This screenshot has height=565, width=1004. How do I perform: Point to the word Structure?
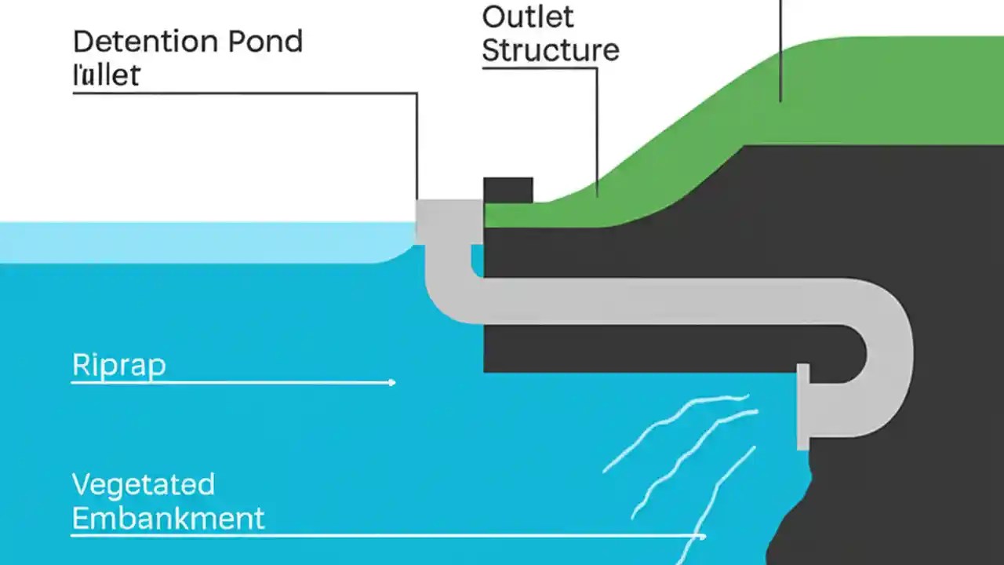(550, 49)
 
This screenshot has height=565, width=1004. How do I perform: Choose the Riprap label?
(118, 365)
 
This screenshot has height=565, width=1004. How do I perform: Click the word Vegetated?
(143, 484)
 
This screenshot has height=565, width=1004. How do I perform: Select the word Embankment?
(168, 518)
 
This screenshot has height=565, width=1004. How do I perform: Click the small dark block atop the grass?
(507, 190)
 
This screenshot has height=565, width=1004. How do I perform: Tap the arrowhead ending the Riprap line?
(391, 382)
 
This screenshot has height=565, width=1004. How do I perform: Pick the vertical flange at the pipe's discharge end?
(802, 406)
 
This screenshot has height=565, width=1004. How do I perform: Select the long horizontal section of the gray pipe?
(667, 301)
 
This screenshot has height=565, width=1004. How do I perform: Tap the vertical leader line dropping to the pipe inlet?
(417, 149)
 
